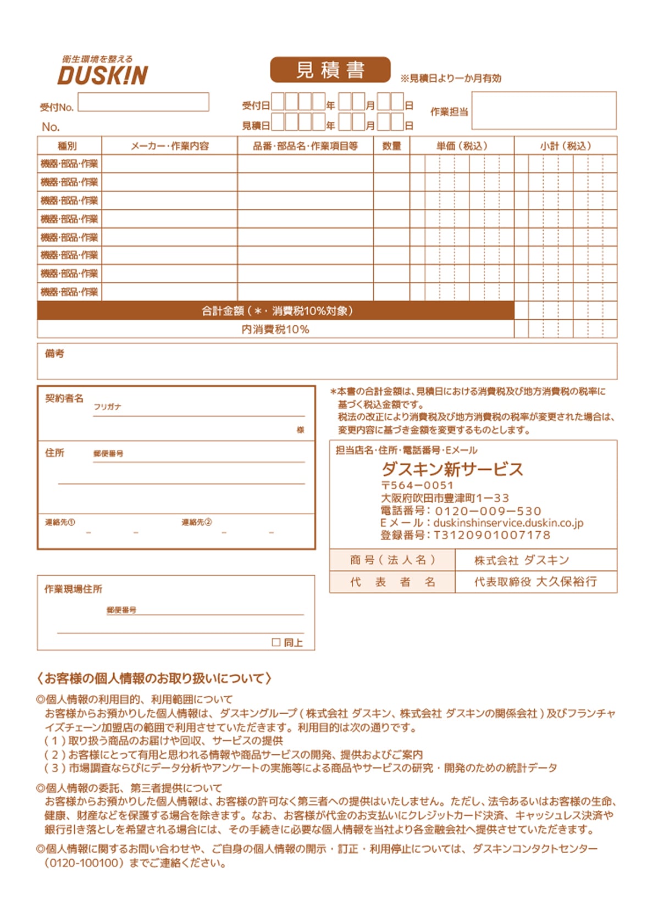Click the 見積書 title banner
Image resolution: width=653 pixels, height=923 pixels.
point(330,70)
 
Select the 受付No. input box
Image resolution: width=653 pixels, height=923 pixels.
point(143,102)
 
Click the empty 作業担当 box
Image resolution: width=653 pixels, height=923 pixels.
point(544,110)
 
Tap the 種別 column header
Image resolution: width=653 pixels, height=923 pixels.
point(68,146)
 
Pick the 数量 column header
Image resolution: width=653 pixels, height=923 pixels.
point(391,146)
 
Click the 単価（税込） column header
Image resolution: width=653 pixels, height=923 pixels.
point(462,146)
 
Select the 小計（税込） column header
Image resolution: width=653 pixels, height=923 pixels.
point(565,146)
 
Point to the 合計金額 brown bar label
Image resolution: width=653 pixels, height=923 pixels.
point(276,311)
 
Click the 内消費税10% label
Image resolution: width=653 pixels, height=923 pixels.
point(275,329)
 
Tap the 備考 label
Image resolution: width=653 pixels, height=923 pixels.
point(54,354)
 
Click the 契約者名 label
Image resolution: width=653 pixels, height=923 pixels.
point(64,398)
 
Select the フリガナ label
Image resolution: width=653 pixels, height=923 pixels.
point(107,407)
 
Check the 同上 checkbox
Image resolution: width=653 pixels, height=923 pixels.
point(276,642)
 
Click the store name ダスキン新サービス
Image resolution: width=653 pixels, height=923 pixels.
point(452,469)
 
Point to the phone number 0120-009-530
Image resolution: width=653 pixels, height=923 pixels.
point(488,511)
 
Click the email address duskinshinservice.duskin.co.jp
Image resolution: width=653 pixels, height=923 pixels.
point(508,523)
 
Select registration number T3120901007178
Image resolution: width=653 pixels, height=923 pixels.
point(492,535)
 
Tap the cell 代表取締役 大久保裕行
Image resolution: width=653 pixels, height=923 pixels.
point(535,582)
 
